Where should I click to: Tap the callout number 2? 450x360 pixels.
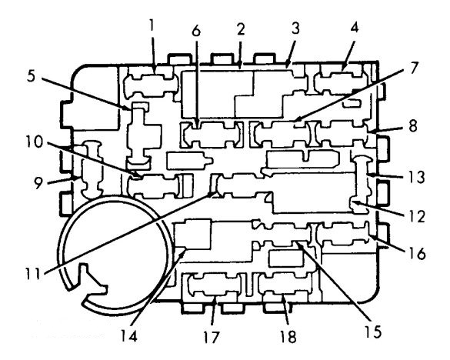(241, 29)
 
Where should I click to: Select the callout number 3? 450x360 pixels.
(295, 28)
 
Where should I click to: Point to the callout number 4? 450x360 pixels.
(354, 28)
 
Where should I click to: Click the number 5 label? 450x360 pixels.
(32, 75)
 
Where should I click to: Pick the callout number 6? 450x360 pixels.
(196, 31)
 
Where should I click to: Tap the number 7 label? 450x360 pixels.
(412, 68)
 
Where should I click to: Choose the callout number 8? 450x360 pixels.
(413, 125)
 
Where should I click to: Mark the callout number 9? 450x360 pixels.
(38, 183)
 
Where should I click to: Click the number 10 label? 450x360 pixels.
(34, 142)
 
